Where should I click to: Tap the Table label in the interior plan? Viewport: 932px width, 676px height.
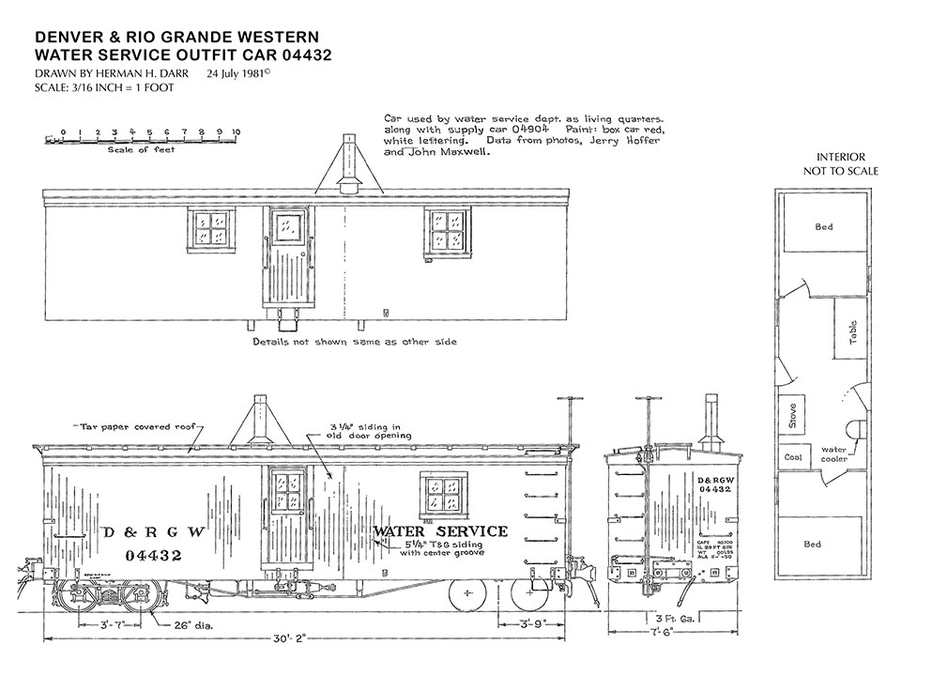click(853, 334)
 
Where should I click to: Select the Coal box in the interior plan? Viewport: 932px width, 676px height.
click(790, 457)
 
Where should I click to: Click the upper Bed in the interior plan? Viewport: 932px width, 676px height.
click(823, 227)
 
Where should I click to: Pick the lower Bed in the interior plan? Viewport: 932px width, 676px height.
click(812, 544)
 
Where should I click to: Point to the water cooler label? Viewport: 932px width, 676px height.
click(834, 454)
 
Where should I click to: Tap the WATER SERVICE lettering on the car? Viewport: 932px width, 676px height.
click(440, 531)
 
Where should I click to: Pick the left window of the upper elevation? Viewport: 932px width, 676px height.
click(211, 229)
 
